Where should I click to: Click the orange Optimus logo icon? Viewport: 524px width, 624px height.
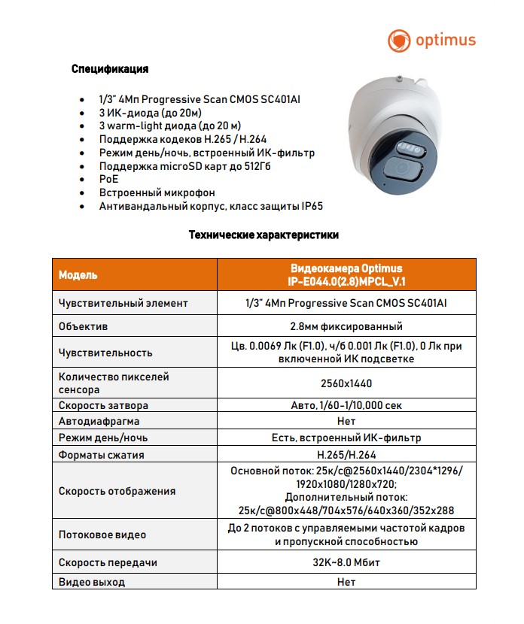click(399, 40)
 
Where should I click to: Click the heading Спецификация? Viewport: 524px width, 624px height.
click(110, 69)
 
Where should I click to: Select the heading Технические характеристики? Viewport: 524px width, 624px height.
click(263, 235)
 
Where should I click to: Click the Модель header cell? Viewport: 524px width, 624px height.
click(78, 275)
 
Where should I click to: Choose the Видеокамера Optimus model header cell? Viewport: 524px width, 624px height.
click(346, 275)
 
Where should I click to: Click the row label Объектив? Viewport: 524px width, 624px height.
click(84, 327)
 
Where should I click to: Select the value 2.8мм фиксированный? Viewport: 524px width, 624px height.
click(346, 327)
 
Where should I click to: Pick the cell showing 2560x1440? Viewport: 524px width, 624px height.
click(346, 383)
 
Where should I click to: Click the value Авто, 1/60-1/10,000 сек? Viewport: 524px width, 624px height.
click(346, 405)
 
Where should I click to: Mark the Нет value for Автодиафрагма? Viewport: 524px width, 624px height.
click(346, 422)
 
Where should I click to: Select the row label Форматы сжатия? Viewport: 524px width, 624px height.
click(102, 455)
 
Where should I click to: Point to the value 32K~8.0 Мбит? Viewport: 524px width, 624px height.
click(346, 562)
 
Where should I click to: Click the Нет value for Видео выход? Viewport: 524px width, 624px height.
click(346, 582)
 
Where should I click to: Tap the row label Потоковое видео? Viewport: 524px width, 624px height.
click(102, 535)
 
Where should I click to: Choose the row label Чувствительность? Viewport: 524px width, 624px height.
click(105, 353)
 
